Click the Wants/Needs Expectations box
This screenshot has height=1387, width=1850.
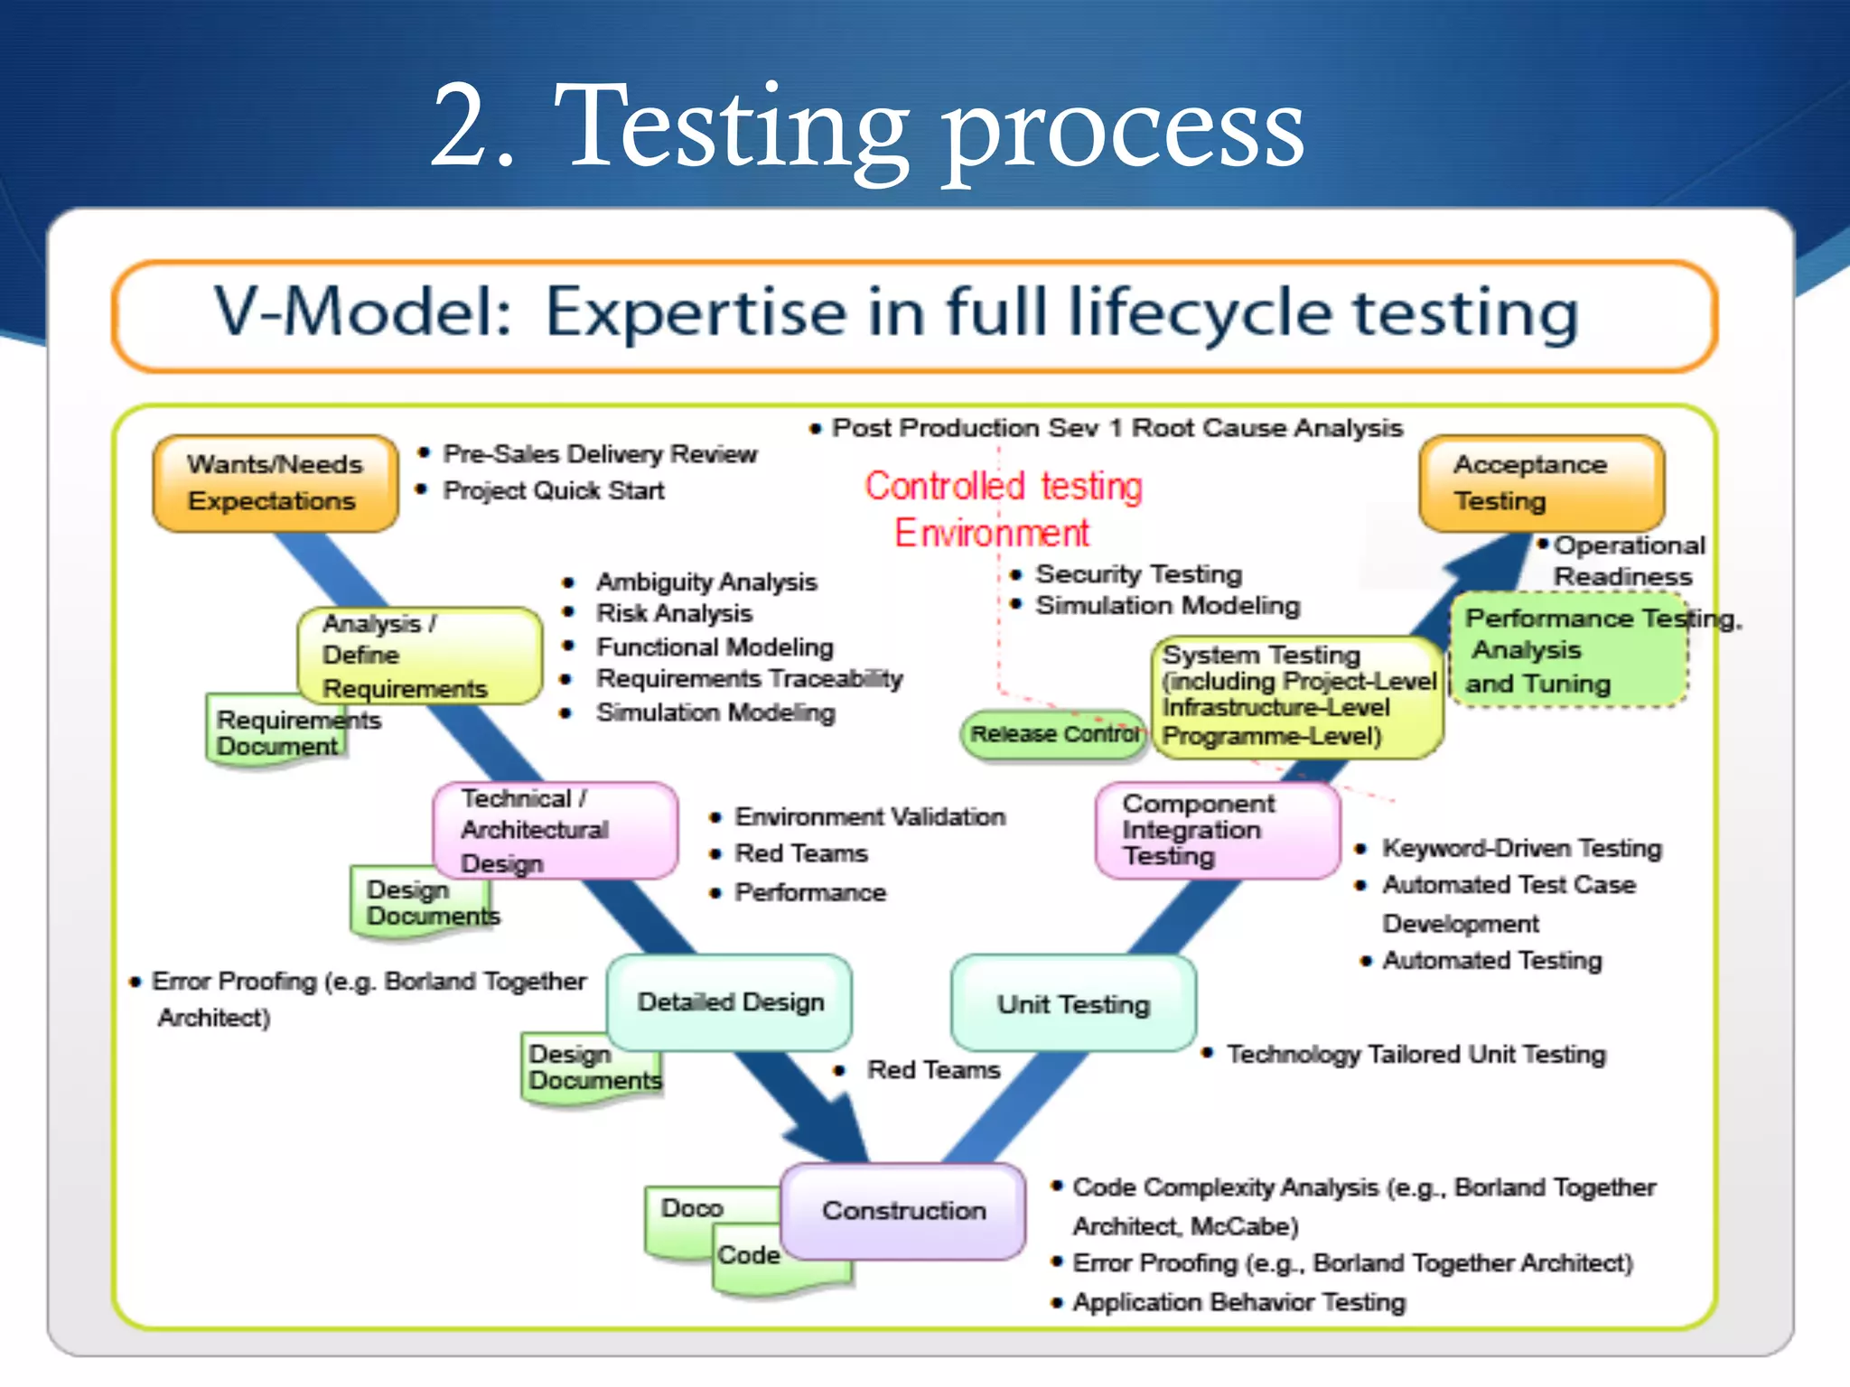[275, 482]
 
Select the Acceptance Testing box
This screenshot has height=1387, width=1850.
[1541, 482]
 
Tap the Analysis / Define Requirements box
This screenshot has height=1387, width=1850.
[419, 656]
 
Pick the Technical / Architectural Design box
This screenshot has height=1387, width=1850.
[555, 830]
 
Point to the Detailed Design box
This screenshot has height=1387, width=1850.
[730, 1001]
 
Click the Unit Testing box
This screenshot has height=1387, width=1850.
[1073, 1003]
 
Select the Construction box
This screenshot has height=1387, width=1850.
[903, 1210]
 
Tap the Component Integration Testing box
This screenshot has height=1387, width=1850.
[1216, 830]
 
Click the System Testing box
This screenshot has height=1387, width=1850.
[1297, 696]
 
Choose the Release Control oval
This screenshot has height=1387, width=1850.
[1053, 734]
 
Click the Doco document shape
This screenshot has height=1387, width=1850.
[694, 1210]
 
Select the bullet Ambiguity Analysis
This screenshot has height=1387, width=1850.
[705, 582]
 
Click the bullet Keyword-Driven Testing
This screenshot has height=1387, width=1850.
[1521, 848]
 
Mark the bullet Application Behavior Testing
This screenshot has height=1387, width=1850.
[1238, 1302]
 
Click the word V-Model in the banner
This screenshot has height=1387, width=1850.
[361, 312]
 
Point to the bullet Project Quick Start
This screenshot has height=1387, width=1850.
[553, 490]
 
